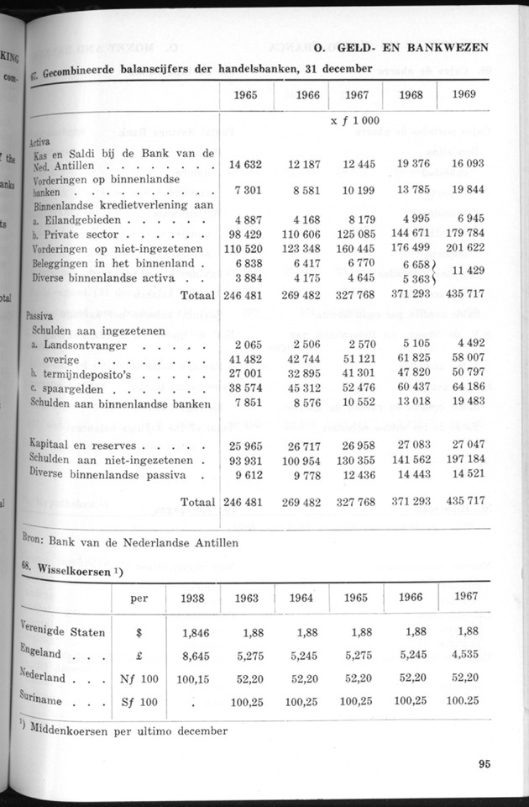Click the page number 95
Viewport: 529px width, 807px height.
484,764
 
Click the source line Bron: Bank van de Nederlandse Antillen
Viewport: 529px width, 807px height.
130,542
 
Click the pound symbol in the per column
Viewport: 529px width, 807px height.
140,651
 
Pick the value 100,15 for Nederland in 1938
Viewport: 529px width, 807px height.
191,677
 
